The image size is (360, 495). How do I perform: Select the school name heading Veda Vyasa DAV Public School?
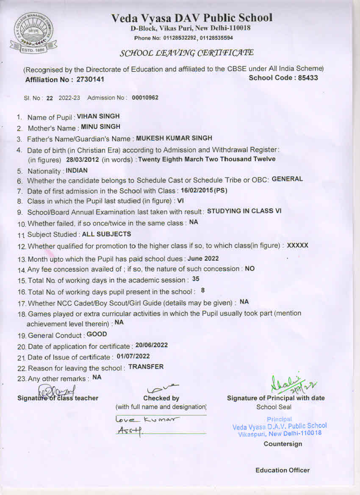tap(192, 18)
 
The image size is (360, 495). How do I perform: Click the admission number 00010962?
tap(145, 98)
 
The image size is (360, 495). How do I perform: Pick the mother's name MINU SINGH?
tap(101, 127)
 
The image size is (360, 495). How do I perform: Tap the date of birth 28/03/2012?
tap(83, 159)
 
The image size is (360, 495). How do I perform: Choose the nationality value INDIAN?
tap(77, 171)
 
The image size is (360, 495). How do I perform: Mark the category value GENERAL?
tap(287, 179)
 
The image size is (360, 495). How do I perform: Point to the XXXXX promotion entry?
tap(298, 246)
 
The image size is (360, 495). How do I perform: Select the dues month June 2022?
tap(203, 258)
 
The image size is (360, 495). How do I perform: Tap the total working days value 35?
tap(196, 279)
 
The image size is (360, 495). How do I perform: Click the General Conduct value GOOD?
tap(97, 334)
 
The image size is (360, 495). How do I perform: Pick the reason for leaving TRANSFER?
tap(146, 367)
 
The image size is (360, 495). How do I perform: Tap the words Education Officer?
tap(282, 470)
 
